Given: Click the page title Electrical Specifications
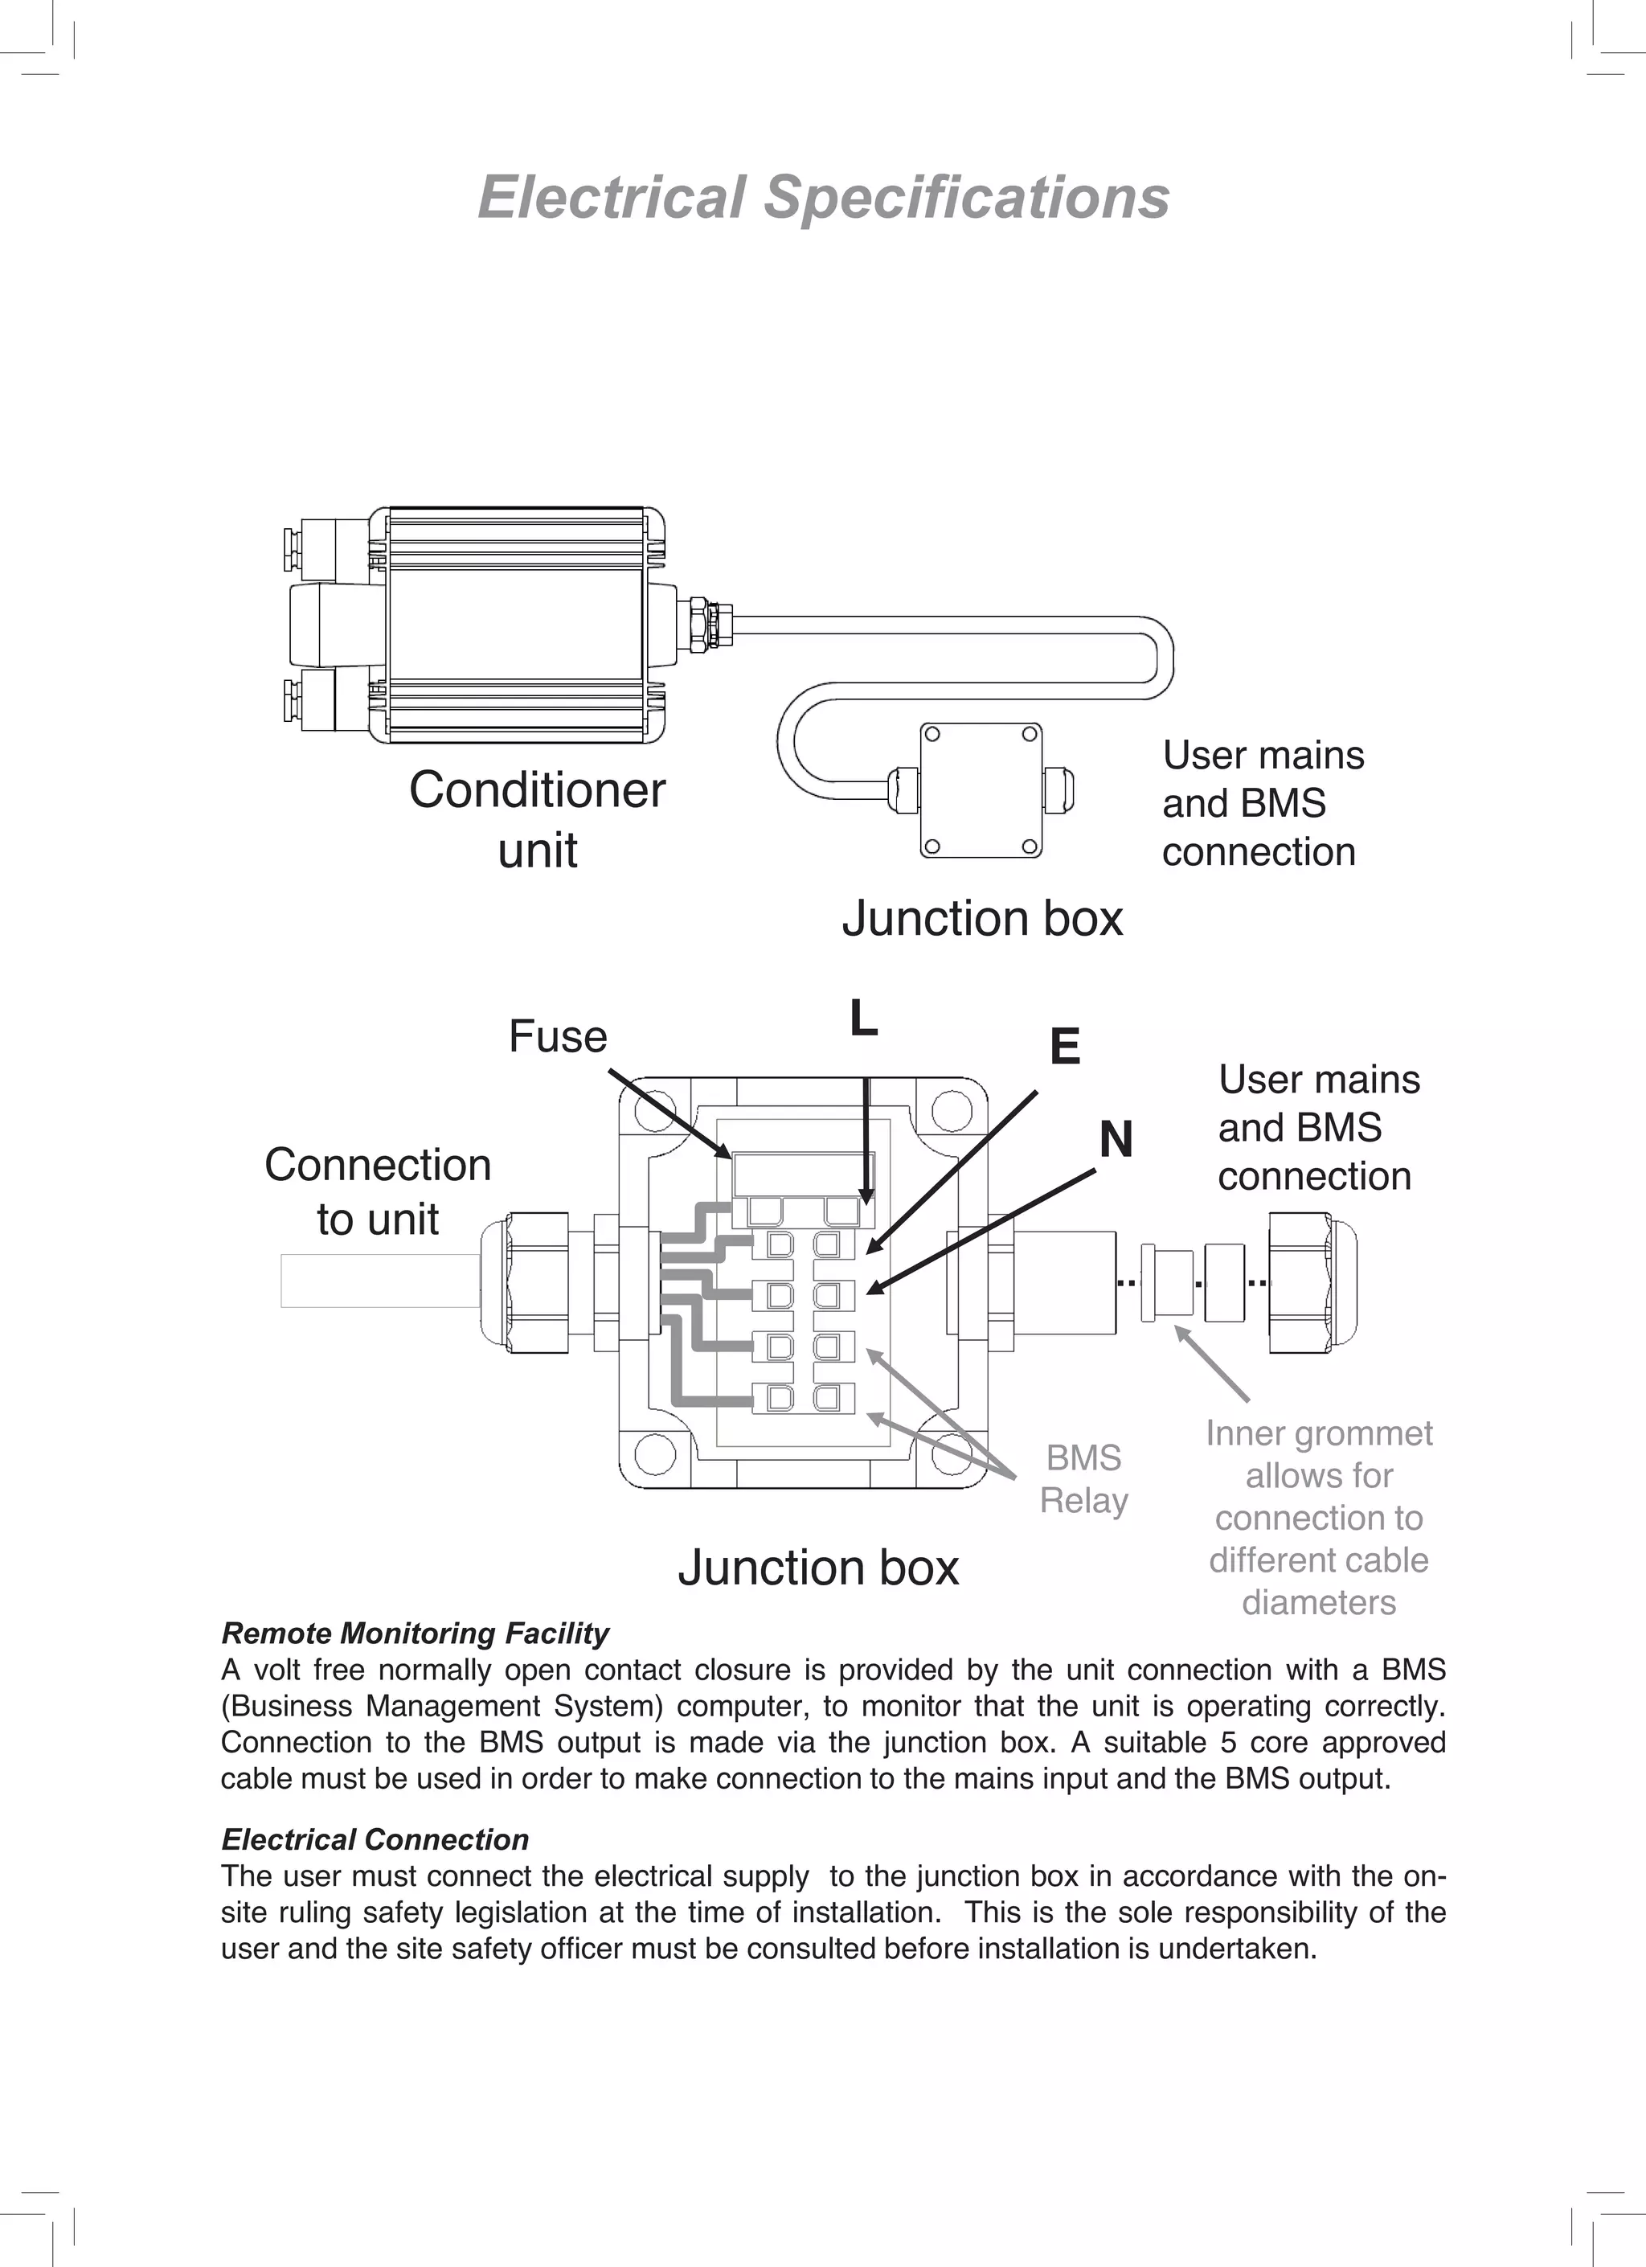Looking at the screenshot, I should tap(822, 197).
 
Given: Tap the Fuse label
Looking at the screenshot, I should tap(558, 1036).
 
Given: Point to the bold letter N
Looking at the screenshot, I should tap(1116, 1139).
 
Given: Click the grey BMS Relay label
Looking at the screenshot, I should tap(1083, 1479).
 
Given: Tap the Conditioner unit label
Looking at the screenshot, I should tap(538, 820).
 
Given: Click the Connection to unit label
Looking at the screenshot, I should tap(378, 1191).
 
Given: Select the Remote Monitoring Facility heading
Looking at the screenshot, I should tap(415, 1634).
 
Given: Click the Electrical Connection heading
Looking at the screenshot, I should tap(375, 1840).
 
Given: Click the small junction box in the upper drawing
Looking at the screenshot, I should tap(981, 789).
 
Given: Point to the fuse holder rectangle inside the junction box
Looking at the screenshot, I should tap(804, 1174).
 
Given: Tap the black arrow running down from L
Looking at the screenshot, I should tap(866, 1139).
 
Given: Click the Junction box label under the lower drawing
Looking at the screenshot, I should tap(817, 1568).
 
